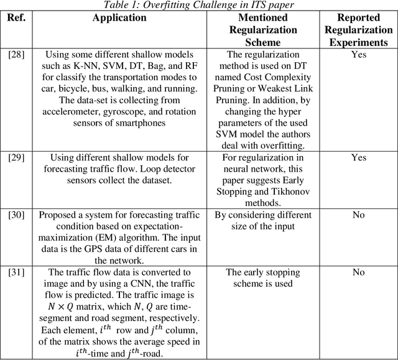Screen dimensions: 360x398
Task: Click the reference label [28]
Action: [x=16, y=55]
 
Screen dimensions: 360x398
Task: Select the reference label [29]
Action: [x=16, y=158]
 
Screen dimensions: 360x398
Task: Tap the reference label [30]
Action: [x=16, y=215]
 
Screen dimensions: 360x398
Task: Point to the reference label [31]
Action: [x=16, y=272]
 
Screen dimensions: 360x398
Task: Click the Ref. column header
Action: [x=16, y=17]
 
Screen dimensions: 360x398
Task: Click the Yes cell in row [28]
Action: [x=359, y=55]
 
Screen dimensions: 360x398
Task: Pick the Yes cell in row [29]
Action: [x=359, y=158]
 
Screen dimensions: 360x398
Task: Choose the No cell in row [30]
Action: [x=359, y=215]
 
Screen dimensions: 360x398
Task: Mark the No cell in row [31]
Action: [x=359, y=272]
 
